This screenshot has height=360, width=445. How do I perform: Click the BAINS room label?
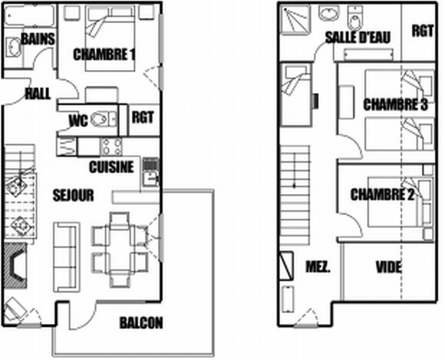38,39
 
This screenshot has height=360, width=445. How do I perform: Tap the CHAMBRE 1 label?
104,54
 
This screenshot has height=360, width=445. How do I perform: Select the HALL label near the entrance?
38,94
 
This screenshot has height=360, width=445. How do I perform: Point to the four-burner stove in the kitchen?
112,147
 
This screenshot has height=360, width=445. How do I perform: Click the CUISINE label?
111,167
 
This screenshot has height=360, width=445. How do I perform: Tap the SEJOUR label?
73,195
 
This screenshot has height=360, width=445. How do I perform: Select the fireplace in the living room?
15,266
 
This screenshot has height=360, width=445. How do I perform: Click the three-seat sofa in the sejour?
65,257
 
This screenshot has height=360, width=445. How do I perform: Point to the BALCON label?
141,323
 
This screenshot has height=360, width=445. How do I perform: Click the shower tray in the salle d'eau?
295,20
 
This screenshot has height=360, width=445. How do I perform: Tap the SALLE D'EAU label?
358,37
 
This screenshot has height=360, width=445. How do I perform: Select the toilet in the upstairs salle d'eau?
354,18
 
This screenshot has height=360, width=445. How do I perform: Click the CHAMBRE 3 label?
395,104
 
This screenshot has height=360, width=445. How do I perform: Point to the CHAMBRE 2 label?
382,195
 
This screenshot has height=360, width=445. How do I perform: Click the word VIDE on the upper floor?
388,267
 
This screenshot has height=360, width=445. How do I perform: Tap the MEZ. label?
318,267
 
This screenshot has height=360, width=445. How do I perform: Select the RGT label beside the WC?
143,117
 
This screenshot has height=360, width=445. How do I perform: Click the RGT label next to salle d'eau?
423,31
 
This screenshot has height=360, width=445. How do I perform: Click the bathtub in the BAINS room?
30,14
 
